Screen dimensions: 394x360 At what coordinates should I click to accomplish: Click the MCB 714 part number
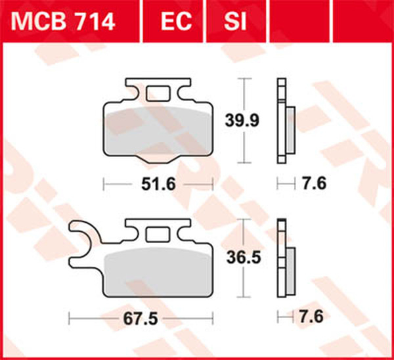click(x=63, y=22)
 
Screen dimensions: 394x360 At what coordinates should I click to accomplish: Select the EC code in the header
click(x=177, y=22)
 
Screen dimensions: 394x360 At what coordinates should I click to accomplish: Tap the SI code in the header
click(x=235, y=22)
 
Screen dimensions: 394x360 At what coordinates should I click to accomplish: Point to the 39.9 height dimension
click(x=242, y=120)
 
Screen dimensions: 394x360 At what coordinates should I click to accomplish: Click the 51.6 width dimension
click(x=158, y=185)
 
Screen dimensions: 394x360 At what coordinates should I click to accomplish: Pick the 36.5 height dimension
click(x=244, y=258)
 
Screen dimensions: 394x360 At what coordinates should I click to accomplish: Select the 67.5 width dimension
click(x=141, y=319)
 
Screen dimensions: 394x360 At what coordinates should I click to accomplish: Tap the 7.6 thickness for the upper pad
click(x=315, y=183)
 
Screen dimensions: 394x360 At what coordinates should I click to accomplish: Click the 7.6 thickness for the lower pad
click(x=311, y=317)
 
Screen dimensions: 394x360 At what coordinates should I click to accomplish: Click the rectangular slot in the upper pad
click(x=158, y=93)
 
